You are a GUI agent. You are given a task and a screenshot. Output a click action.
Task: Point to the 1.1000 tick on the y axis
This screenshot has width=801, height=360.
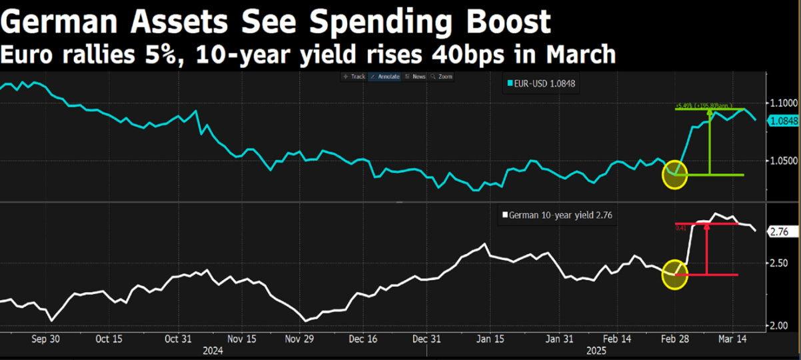[783, 103]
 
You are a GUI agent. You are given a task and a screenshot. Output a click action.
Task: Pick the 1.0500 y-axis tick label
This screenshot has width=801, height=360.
[783, 161]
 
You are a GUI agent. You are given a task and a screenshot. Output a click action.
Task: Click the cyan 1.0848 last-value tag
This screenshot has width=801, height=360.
[784, 121]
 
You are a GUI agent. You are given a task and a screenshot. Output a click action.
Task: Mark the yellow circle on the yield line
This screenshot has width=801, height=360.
[674, 275]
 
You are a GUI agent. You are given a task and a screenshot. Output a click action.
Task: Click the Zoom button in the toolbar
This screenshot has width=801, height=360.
[442, 77]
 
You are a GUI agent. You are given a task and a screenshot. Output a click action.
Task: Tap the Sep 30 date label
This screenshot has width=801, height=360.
[46, 339]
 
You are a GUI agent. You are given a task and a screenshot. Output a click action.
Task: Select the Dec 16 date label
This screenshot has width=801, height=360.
[363, 339]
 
